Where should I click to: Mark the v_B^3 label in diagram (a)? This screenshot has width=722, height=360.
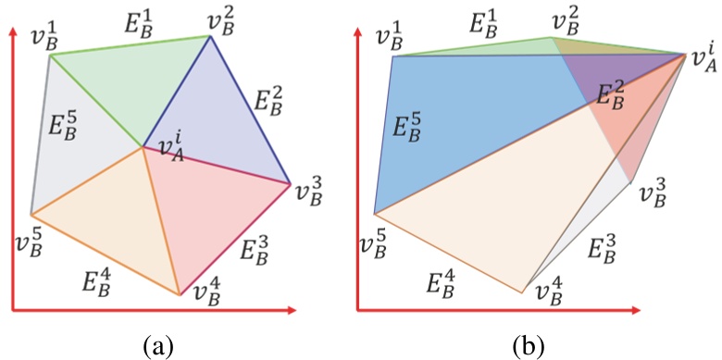tap(312, 192)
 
